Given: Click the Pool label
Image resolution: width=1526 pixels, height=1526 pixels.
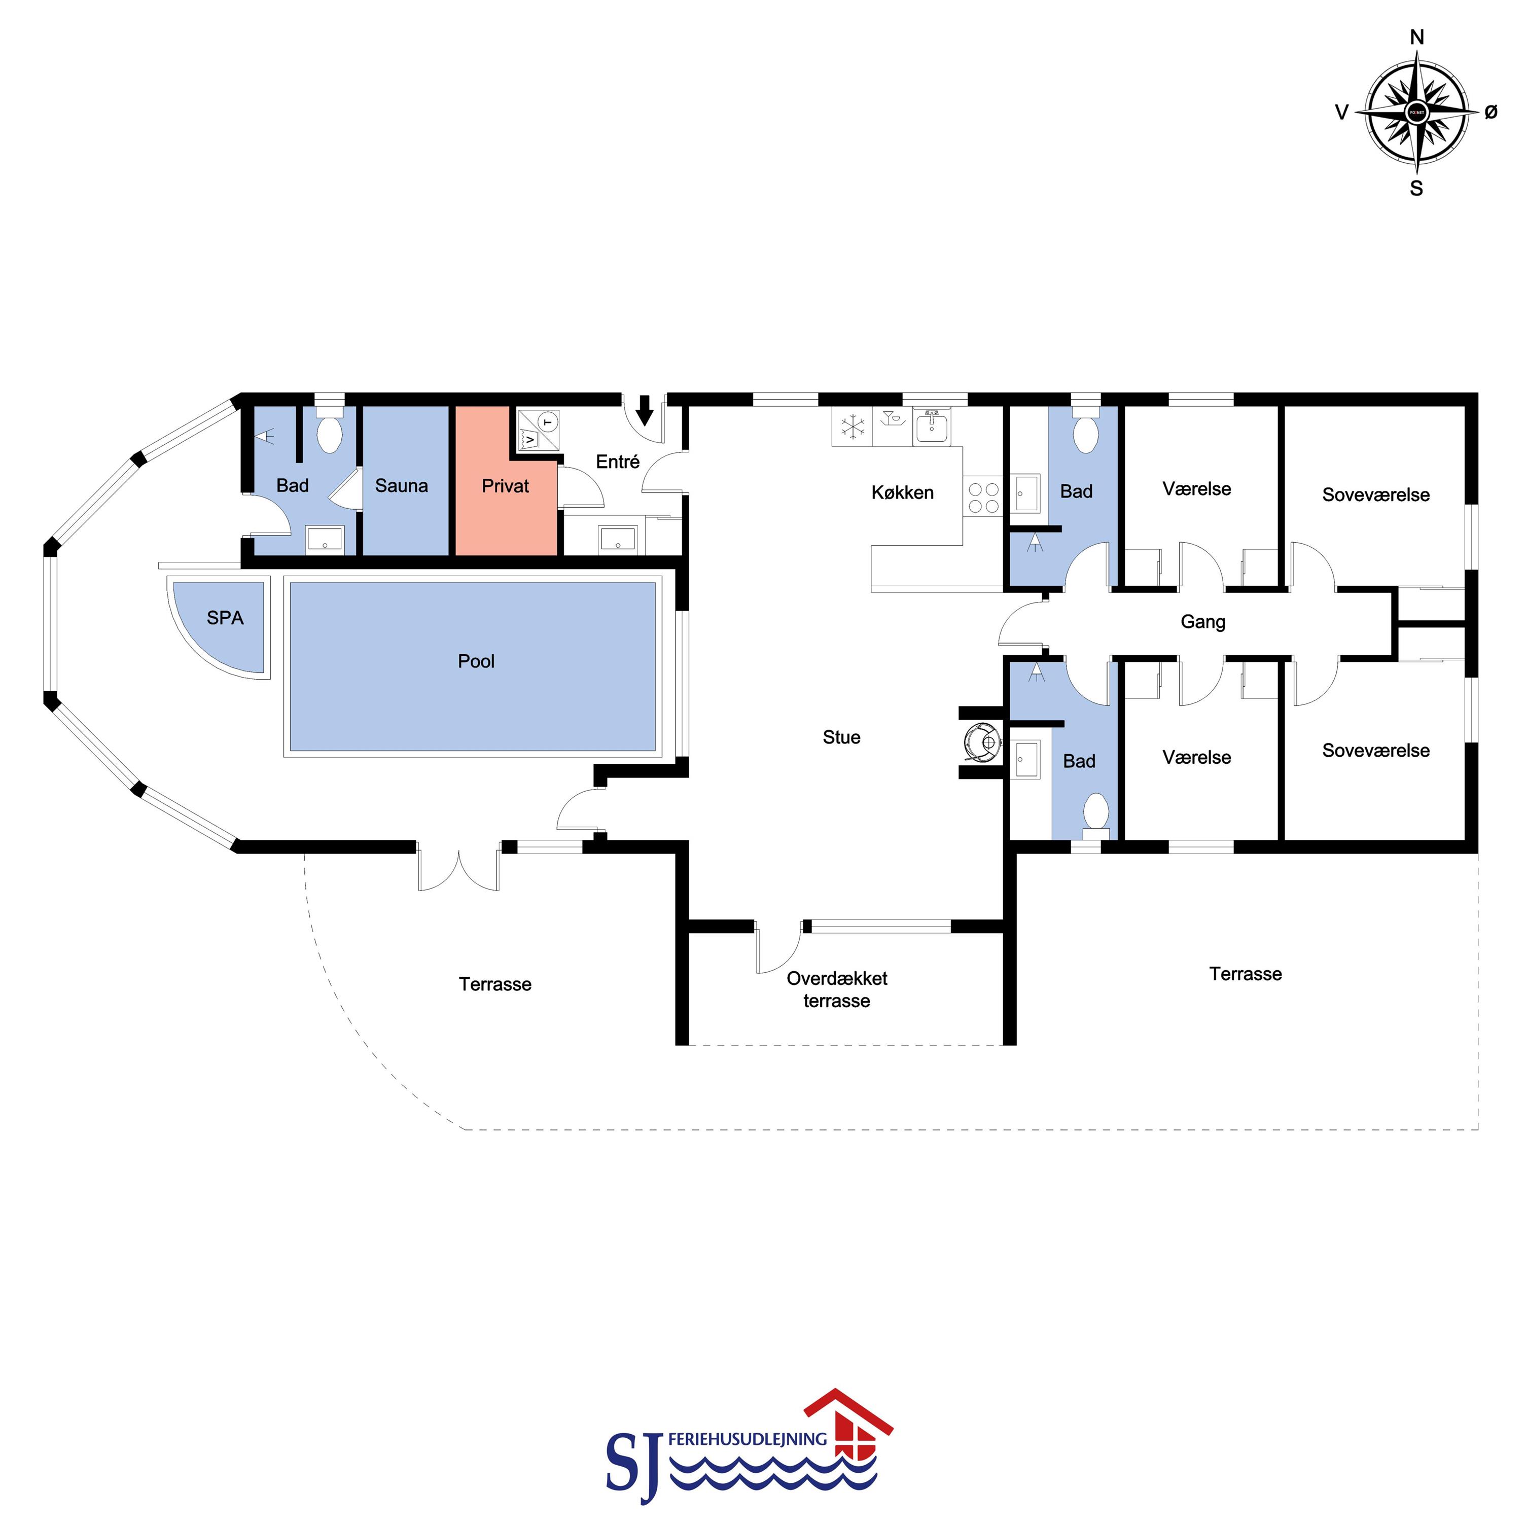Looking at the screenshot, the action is [476, 661].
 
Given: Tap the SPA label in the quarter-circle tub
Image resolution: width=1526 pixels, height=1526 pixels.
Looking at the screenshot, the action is [225, 618].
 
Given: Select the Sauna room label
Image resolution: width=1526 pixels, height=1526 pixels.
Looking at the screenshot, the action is [401, 486].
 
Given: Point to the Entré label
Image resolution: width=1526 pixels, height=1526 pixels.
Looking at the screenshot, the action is [618, 462].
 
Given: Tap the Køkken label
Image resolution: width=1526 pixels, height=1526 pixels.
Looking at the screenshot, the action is [902, 492].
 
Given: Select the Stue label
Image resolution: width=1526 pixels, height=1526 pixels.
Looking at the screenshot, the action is [841, 737].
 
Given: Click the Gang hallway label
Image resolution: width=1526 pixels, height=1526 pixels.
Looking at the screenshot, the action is [1203, 622].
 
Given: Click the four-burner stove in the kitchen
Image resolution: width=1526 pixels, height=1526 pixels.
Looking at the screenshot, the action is [982, 498].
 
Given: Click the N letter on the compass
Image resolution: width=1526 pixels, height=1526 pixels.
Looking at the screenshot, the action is [1417, 37].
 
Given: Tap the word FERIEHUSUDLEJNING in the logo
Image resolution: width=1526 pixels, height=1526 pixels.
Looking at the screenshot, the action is [747, 1439].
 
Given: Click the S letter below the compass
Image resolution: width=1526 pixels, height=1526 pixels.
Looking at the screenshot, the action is [1416, 189].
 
